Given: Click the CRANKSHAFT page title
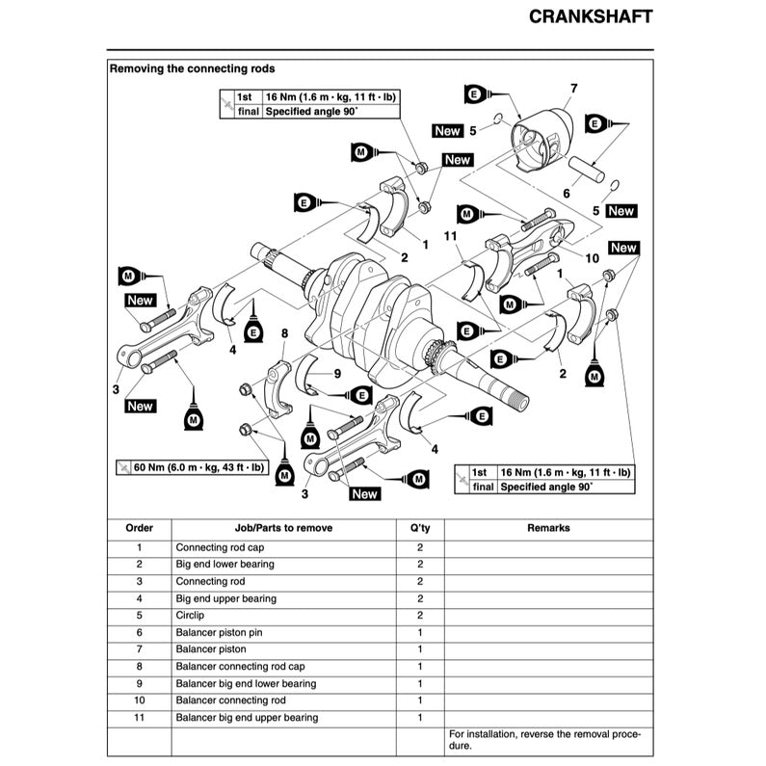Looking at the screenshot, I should tap(591, 17).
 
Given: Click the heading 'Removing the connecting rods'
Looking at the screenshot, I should tap(192, 69).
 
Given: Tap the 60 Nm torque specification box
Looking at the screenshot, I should tap(190, 467).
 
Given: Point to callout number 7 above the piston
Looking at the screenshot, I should tap(573, 90).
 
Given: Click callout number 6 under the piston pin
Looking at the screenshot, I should tap(567, 194).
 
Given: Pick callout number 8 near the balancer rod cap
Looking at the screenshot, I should tap(284, 334).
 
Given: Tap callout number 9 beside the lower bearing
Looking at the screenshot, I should tap(337, 373).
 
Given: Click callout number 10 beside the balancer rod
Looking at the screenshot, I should tap(592, 258).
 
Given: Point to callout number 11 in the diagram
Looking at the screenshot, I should tap(449, 236).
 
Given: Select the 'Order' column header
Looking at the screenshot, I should tap(139, 528).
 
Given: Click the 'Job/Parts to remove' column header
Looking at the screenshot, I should tap(282, 528).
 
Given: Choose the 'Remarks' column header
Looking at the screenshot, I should tap(548, 528).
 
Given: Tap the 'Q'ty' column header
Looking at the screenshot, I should tap(419, 528).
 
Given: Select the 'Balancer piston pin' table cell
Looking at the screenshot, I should tap(219, 633).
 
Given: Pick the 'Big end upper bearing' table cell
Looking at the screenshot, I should tap(225, 598).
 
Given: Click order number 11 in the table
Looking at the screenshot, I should tap(139, 718).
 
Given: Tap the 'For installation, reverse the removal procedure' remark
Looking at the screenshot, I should tap(543, 740).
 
